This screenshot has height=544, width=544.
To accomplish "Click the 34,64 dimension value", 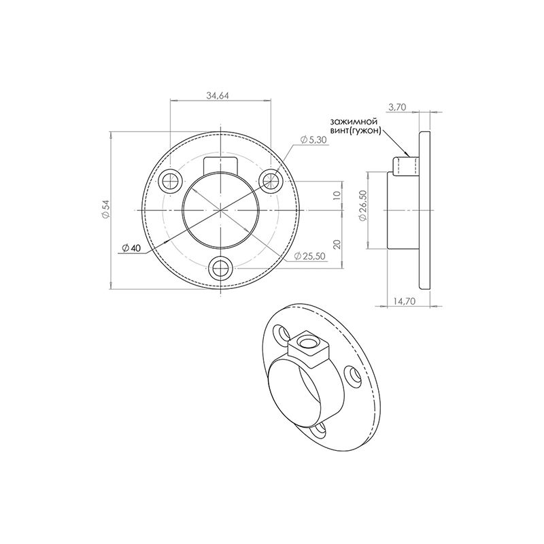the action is pos(218,95).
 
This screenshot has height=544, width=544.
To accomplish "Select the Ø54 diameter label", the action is pos(105,209).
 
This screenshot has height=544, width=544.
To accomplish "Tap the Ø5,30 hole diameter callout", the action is pos(313,139).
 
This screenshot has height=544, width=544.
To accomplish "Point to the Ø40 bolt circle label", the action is pos(131,248).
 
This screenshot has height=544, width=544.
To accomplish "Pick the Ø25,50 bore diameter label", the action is pos(309,256).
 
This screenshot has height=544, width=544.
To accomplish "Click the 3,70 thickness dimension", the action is pos(397,107).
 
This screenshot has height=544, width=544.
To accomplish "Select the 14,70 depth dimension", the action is pos(405,301).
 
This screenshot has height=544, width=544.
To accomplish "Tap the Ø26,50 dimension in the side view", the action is pos(363,206).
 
